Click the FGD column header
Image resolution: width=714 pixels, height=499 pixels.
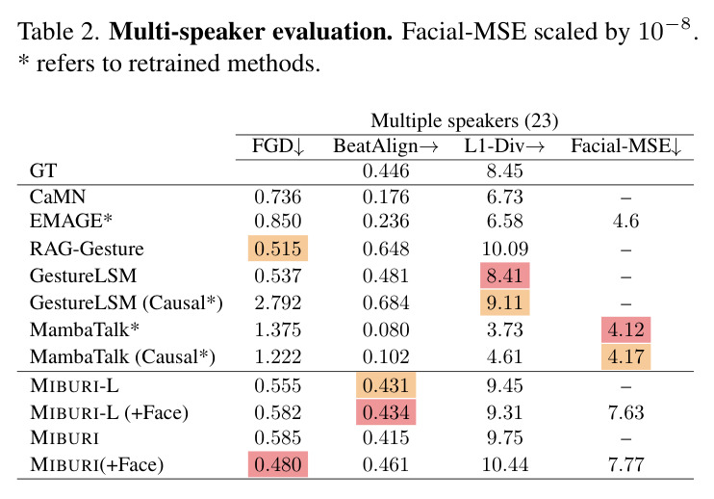(x=278, y=146)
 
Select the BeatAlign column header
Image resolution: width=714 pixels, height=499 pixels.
(x=386, y=146)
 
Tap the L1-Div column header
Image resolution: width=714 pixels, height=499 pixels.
(x=504, y=146)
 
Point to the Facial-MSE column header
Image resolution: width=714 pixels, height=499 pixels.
(x=626, y=146)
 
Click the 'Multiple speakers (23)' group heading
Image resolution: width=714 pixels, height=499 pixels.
(x=465, y=121)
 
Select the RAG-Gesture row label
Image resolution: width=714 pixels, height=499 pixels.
(x=87, y=249)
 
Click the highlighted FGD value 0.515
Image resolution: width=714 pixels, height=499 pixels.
(x=278, y=249)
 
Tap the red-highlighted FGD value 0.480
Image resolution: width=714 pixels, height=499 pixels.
(x=278, y=464)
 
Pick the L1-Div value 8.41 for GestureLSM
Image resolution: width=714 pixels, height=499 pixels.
(x=504, y=276)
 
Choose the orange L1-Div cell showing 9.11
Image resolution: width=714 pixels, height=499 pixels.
(x=504, y=302)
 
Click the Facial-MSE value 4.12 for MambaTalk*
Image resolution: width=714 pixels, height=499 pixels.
(x=626, y=329)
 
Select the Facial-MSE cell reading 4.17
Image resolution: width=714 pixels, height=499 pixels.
(x=626, y=356)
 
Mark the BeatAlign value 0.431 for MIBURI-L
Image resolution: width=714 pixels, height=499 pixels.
(x=386, y=385)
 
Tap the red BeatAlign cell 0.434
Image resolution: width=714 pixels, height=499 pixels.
(x=386, y=412)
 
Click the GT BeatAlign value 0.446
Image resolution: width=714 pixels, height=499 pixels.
(x=386, y=171)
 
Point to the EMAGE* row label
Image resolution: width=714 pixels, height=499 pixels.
(x=70, y=221)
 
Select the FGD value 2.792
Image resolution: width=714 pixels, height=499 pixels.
(x=278, y=302)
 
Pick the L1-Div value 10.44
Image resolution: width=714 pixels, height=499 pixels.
(x=504, y=465)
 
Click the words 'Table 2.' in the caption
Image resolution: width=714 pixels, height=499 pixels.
(x=59, y=32)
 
